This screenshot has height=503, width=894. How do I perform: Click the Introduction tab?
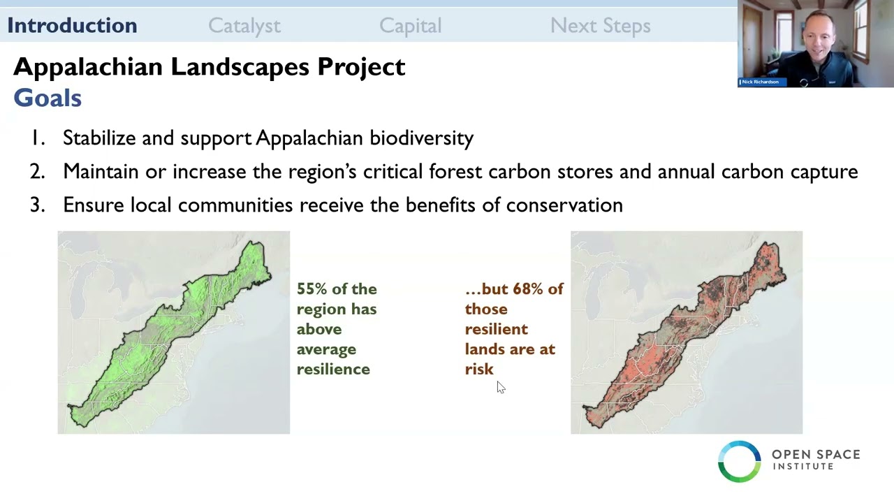pos(72,26)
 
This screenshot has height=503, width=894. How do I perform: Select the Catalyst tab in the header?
pos(244,26)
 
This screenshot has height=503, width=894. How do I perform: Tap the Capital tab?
pos(410,26)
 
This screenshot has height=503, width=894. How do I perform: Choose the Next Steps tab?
pos(600,26)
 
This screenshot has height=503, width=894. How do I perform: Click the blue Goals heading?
pos(47,99)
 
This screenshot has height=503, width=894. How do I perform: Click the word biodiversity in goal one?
pos(421,138)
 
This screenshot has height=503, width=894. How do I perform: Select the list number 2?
pos(37,172)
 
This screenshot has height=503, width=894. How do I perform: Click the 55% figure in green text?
pos(312,289)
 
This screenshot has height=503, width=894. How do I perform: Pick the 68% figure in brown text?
pos(528,289)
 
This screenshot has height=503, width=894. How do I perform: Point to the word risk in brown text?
pos(479,370)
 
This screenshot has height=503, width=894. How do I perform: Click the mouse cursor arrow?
pos(500,387)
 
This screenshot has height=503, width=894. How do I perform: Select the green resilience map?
pos(173,333)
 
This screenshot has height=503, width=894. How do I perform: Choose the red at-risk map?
pos(686,333)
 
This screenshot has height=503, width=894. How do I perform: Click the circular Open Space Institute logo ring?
pos(739,461)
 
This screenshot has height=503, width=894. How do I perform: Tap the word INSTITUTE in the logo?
pos(803,467)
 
